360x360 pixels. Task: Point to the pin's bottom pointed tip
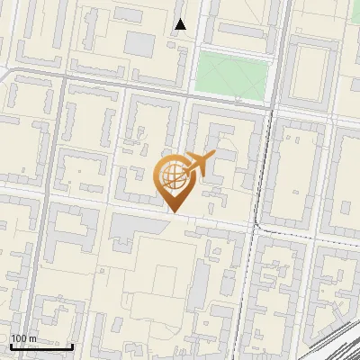coord(174,211)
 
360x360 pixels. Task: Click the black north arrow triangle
coord(181,24)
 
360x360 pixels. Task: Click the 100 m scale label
coord(24,338)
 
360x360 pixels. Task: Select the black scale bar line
coord(41,346)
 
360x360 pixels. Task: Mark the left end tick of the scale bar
coord(11,346)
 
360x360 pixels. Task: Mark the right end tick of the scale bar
coord(73,346)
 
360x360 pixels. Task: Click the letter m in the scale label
coord(33,338)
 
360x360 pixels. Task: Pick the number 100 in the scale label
coord(19,338)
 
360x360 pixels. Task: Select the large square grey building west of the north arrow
coord(139,43)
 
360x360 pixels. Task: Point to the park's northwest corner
coord(198,53)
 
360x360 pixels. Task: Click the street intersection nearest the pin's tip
coord(189,217)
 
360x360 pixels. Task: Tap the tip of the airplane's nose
coord(214,156)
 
